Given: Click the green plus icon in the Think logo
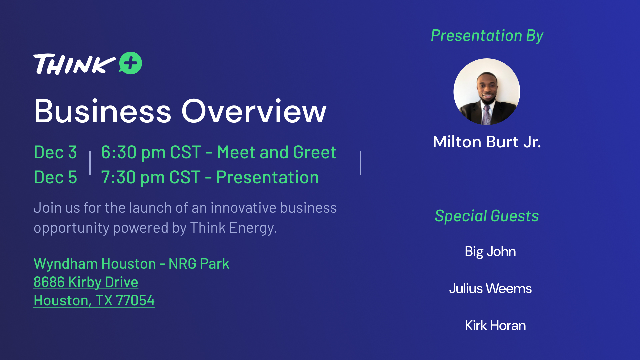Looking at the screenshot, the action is click(x=130, y=63).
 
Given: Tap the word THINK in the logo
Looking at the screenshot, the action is click(x=74, y=64).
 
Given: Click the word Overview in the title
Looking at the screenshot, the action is click(x=254, y=111).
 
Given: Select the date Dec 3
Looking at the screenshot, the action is click(x=55, y=152).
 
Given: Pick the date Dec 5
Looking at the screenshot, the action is click(x=55, y=177).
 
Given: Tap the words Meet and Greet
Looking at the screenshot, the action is click(x=277, y=152).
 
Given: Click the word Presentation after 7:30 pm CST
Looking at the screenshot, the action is click(x=267, y=177).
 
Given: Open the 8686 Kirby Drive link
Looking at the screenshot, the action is click(x=86, y=282).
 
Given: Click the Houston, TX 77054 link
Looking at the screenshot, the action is click(x=94, y=301).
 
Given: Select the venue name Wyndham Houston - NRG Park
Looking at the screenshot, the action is click(x=131, y=264).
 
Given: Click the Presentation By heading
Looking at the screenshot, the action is click(x=487, y=36).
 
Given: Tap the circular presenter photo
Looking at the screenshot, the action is click(x=487, y=92).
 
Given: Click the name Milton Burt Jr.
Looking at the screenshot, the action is click(x=487, y=142).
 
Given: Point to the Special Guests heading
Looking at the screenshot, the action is click(x=487, y=216).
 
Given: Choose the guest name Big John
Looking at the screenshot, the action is click(x=490, y=252).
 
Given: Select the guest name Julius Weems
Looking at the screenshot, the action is click(x=490, y=288).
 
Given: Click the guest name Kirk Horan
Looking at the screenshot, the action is click(x=495, y=325).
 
